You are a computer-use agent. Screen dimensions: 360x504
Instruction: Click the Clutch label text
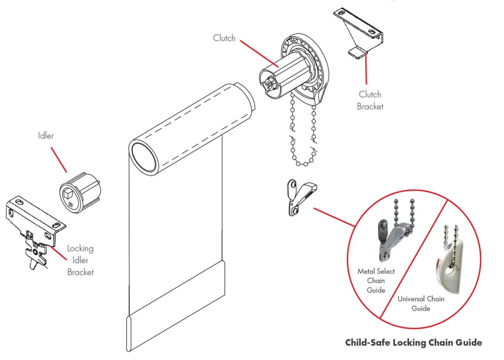click(224, 38)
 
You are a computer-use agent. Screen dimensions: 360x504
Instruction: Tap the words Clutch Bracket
click(370, 100)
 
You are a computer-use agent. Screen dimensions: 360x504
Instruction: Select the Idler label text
click(46, 136)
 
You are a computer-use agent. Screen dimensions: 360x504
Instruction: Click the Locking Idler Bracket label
click(80, 260)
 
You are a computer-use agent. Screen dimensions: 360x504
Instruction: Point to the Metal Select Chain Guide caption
click(376, 280)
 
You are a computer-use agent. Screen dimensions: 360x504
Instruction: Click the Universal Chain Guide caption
click(421, 303)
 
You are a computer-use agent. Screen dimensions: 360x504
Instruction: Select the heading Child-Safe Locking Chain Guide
click(413, 342)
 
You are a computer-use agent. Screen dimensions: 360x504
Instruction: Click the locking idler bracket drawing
click(35, 230)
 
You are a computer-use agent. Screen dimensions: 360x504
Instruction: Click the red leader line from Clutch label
click(259, 54)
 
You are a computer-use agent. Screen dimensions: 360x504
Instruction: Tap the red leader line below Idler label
click(59, 160)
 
